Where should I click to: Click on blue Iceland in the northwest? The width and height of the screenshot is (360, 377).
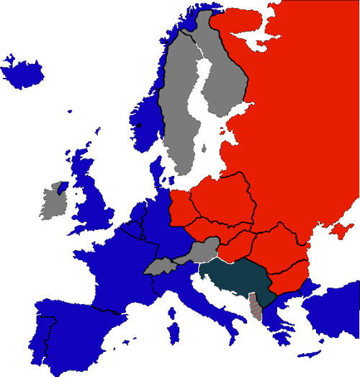pyautogui.click(x=22, y=68)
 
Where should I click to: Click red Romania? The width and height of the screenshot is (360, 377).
pyautogui.click(x=277, y=249)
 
